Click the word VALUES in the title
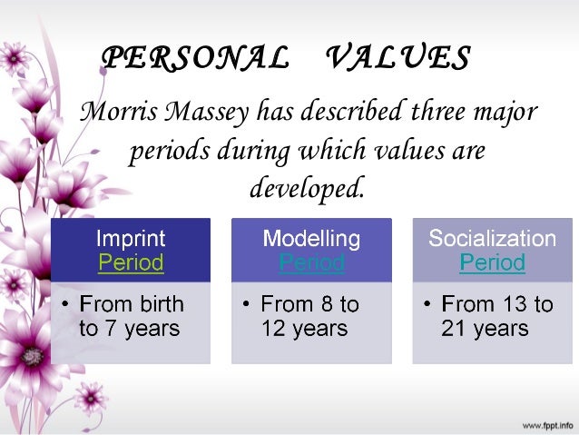click(x=397, y=57)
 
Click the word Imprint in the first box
click(x=131, y=239)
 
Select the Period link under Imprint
click(x=131, y=263)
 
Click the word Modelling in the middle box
click(x=311, y=239)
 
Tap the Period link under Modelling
click(x=311, y=263)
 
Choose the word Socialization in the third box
click(x=492, y=239)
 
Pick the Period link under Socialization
click(x=492, y=263)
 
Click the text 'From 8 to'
click(x=309, y=303)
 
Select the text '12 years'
click(x=304, y=328)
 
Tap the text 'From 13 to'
click(x=496, y=303)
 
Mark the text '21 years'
click(x=485, y=328)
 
